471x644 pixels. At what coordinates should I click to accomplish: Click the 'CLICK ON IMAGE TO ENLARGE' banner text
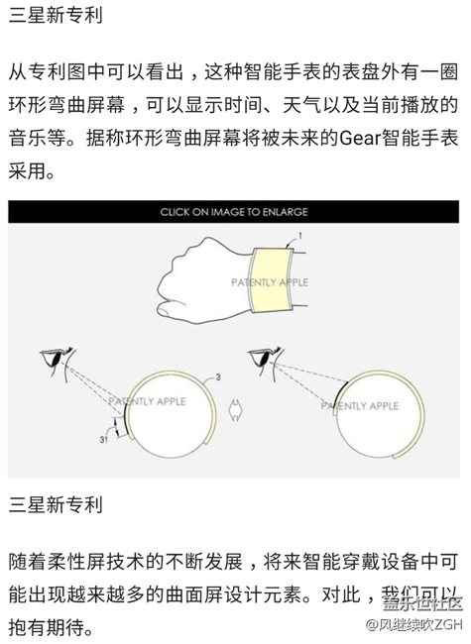tap(234, 211)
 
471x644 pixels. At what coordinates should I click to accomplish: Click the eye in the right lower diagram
tap(260, 357)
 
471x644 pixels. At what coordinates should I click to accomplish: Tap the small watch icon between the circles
tap(236, 408)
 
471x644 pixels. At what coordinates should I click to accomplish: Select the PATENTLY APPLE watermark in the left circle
tap(144, 403)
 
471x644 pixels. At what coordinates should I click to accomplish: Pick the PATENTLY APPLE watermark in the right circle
tap(359, 405)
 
